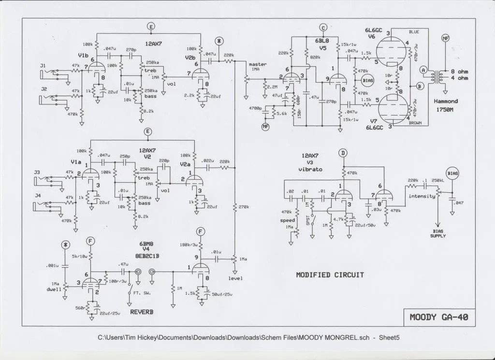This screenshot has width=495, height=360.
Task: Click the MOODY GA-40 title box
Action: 438,317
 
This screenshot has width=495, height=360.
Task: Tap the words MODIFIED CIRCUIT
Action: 330,275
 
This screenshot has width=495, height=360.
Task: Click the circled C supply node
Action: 324,27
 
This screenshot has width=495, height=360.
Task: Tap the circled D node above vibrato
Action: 343,154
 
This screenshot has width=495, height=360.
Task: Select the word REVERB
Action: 142,312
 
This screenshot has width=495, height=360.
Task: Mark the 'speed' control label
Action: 288,220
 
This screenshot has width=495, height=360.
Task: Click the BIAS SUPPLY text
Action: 438,234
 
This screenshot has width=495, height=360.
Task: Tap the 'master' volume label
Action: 258,65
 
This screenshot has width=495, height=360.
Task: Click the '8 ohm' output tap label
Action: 459,71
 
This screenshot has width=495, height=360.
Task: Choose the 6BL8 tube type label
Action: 323,41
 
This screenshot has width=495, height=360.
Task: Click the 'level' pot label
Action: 235,278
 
